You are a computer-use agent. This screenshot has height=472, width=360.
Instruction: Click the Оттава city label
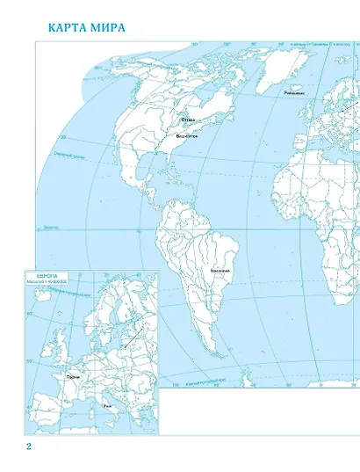189,120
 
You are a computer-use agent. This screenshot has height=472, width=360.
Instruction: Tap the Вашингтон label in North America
187,137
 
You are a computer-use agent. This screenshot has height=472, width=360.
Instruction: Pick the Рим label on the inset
106,406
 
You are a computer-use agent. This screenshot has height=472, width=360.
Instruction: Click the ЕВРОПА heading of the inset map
43,275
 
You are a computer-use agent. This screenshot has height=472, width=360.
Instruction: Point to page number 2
28,448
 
